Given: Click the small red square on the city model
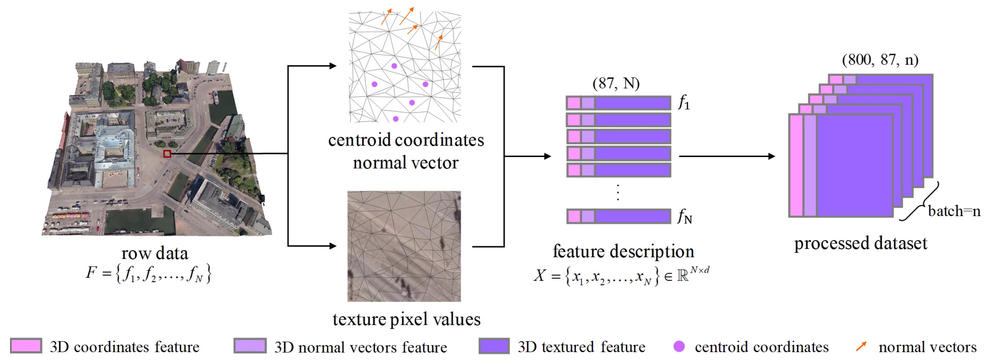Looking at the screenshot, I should (167, 153).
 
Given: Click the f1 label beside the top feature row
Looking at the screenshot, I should (683, 103).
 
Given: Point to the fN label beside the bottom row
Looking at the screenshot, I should (684, 217).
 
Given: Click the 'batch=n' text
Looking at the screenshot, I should (954, 211).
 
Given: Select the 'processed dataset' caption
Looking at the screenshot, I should (860, 243).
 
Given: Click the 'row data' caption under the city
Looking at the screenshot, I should (155, 253).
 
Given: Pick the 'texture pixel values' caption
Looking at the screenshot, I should (406, 319).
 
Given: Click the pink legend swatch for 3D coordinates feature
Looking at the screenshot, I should (26, 346).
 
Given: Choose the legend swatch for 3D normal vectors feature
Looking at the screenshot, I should (250, 346).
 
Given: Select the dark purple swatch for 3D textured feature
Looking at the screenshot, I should (494, 346).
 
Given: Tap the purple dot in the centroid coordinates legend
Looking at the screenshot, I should (679, 346).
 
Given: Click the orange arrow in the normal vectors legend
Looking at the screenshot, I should (861, 346).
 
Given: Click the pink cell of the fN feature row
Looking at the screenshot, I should (574, 216).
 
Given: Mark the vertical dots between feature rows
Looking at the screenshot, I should (618, 192).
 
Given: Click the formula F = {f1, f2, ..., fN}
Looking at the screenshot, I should (148, 273).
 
